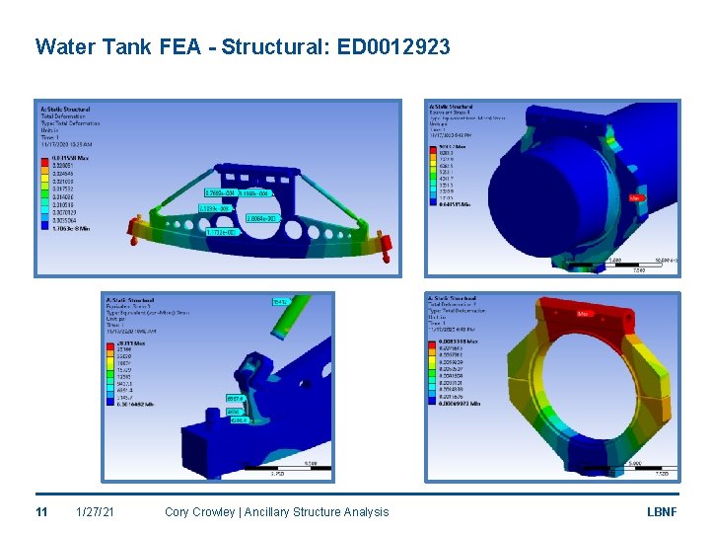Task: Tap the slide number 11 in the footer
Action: tap(41, 511)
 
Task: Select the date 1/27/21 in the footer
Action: tap(95, 511)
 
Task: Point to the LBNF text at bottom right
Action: tap(662, 511)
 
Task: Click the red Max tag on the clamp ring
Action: tap(584, 315)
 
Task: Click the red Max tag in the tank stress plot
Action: tap(636, 197)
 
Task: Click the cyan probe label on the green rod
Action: tap(279, 301)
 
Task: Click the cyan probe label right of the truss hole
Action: tap(259, 218)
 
